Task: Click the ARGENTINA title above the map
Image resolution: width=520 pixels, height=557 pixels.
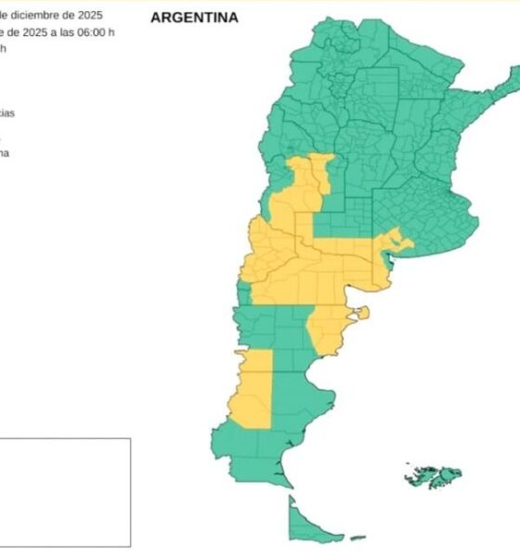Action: click(x=194, y=18)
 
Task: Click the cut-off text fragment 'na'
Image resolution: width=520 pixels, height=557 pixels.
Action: click(x=5, y=152)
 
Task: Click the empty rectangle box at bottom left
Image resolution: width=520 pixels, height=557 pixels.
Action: click(x=65, y=492)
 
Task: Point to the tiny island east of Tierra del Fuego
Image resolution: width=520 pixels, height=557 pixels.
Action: click(x=357, y=538)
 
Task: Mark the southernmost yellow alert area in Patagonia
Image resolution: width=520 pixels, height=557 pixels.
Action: click(x=252, y=390)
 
